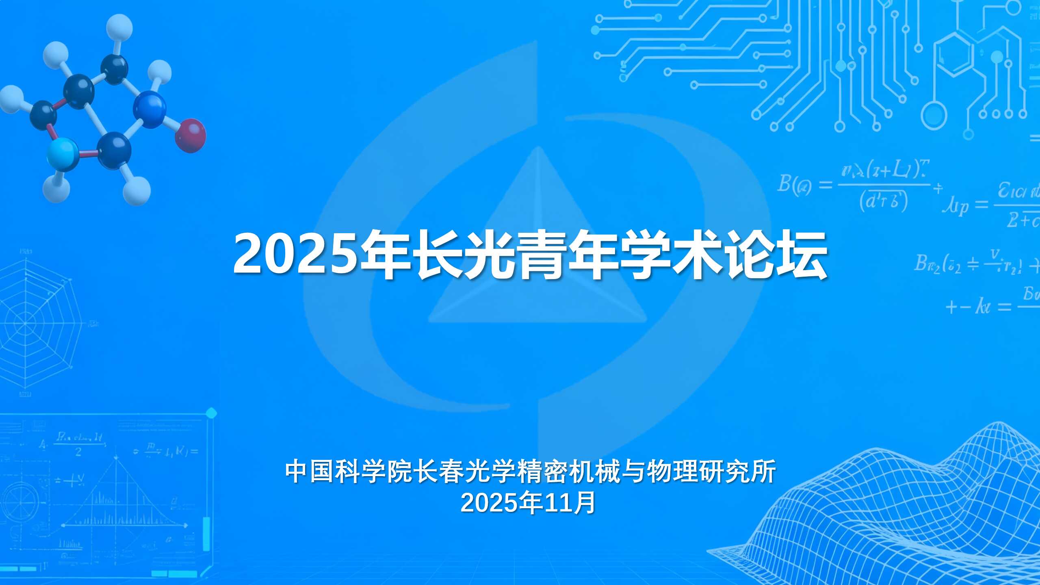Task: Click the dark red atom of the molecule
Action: point(191,135)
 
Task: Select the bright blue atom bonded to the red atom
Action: point(150,109)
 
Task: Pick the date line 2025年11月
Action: point(528,503)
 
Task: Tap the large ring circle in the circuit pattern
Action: point(934,116)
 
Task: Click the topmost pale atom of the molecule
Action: point(119,27)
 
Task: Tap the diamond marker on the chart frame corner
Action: point(211,414)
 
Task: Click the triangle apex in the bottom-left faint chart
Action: point(117,458)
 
